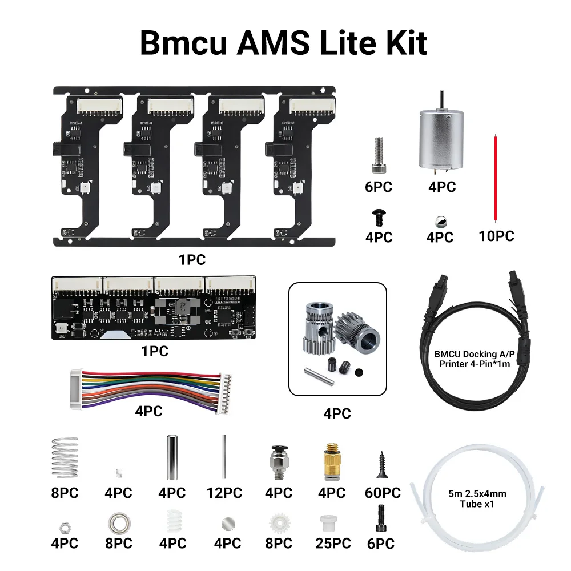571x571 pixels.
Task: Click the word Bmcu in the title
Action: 183,43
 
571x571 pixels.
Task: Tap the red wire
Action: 495,178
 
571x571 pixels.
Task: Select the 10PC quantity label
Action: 496,236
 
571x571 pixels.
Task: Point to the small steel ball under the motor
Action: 441,222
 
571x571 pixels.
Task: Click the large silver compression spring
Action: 65,458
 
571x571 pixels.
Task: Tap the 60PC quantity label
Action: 383,493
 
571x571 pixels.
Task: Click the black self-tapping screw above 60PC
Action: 381,464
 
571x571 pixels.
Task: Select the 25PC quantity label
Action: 333,544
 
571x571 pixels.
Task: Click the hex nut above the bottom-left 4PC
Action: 65,528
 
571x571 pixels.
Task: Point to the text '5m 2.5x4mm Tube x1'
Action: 477,499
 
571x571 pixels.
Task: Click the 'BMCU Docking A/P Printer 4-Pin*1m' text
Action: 475,359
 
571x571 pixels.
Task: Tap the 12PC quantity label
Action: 224,493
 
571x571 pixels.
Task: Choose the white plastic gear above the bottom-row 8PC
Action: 280,523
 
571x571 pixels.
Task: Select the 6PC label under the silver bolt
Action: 379,187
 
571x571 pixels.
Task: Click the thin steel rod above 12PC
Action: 224,457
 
